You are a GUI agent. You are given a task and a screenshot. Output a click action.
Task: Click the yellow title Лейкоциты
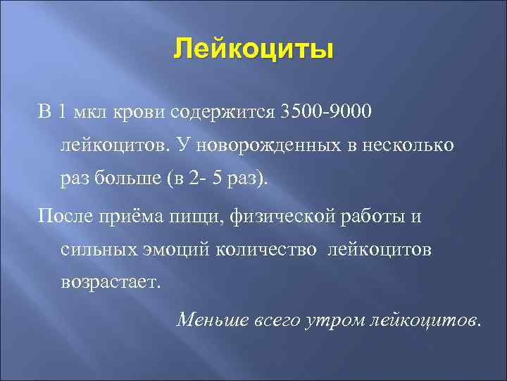pos(254,51)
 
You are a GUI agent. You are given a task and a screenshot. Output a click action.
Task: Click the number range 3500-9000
pos(324,111)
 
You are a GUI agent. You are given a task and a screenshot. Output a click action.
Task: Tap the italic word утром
pos(330,319)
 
